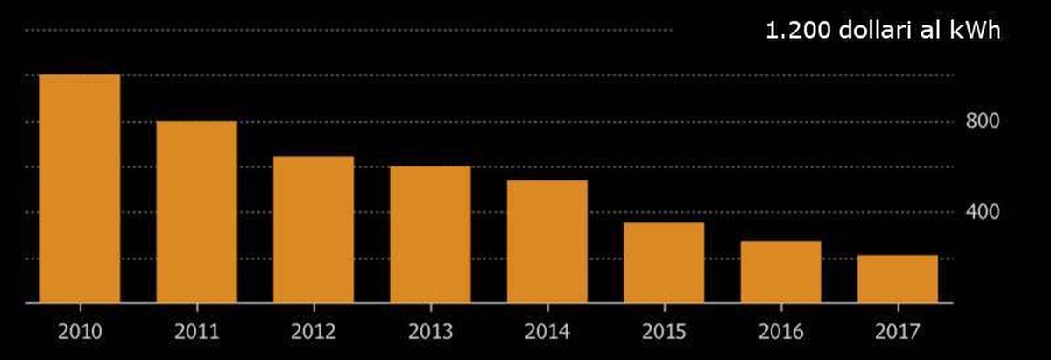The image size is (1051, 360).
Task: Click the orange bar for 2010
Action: pyautogui.click(x=80, y=188)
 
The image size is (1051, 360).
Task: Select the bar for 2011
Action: pyautogui.click(x=196, y=212)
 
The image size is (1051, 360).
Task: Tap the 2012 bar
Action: pyautogui.click(x=314, y=229)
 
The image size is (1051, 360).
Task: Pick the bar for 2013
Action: pyautogui.click(x=430, y=235)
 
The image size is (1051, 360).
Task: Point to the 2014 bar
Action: pyautogui.click(x=547, y=242)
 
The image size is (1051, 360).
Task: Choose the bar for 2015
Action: pyautogui.click(x=664, y=263)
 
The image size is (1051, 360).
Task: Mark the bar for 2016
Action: pyautogui.click(x=780, y=272)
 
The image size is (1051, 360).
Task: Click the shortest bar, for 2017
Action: pyautogui.click(x=897, y=279)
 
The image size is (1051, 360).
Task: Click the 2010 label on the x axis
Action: pyautogui.click(x=80, y=333)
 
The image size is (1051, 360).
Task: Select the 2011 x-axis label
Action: pyautogui.click(x=196, y=333)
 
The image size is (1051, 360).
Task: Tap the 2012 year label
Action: pyautogui.click(x=314, y=333)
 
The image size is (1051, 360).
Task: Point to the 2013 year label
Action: pyautogui.click(x=430, y=333)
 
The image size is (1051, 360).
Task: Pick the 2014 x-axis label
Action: pyautogui.click(x=547, y=333)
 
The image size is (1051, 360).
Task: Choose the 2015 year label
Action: pyautogui.click(x=664, y=333)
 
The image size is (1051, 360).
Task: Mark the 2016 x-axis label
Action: pyautogui.click(x=780, y=333)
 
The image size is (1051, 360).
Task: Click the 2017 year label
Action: pyautogui.click(x=897, y=333)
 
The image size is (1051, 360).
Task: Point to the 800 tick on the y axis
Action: pyautogui.click(x=983, y=121)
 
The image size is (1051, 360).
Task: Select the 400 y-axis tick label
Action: pyautogui.click(x=983, y=212)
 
